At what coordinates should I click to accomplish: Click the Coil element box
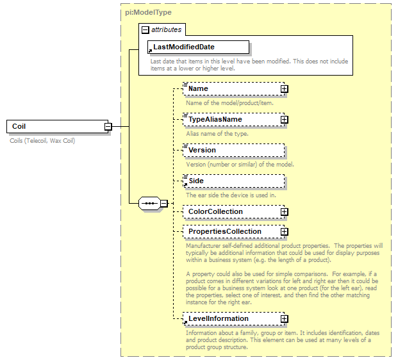pyautogui.click(x=54, y=126)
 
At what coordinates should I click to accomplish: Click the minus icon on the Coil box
pyautogui.click(x=108, y=127)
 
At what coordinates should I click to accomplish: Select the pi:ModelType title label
pyautogui.click(x=148, y=12)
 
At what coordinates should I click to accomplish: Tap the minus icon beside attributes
pyautogui.click(x=145, y=29)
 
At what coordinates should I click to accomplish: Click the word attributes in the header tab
pyautogui.click(x=166, y=29)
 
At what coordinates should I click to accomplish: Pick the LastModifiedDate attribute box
pyautogui.click(x=198, y=47)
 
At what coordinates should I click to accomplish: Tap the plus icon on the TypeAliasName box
pyautogui.click(x=284, y=120)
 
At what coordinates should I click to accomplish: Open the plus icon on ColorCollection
pyautogui.click(x=284, y=212)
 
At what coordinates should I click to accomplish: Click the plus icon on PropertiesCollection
pyautogui.click(x=284, y=232)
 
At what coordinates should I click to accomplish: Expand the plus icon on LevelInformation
pyautogui.click(x=284, y=319)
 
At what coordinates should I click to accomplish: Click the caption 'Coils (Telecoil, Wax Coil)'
pyautogui.click(x=42, y=140)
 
